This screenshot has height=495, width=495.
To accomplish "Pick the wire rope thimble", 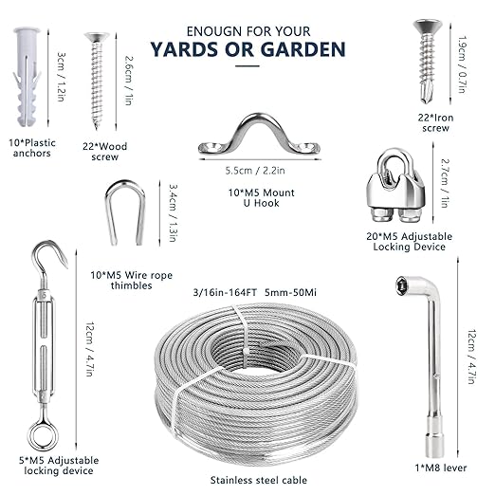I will click(x=125, y=212).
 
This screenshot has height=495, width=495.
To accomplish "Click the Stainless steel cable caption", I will click(x=255, y=482).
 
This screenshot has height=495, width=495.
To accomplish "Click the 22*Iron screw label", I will click(x=429, y=122).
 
